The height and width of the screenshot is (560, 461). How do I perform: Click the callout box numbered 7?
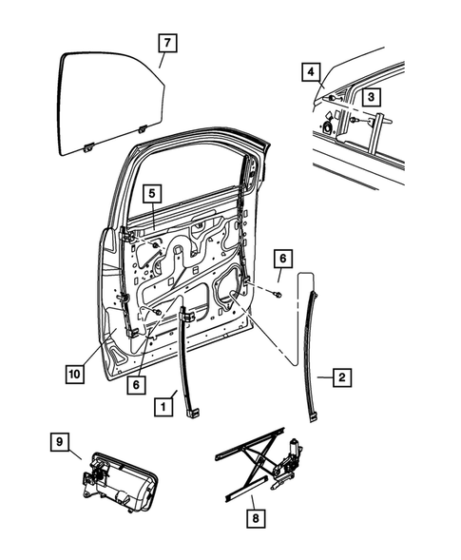tap(166, 43)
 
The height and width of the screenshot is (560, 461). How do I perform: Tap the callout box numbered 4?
tap(309, 71)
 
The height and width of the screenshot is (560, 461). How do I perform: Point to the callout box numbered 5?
tap(152, 193)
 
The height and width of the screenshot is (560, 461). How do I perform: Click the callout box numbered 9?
tap(58, 442)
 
